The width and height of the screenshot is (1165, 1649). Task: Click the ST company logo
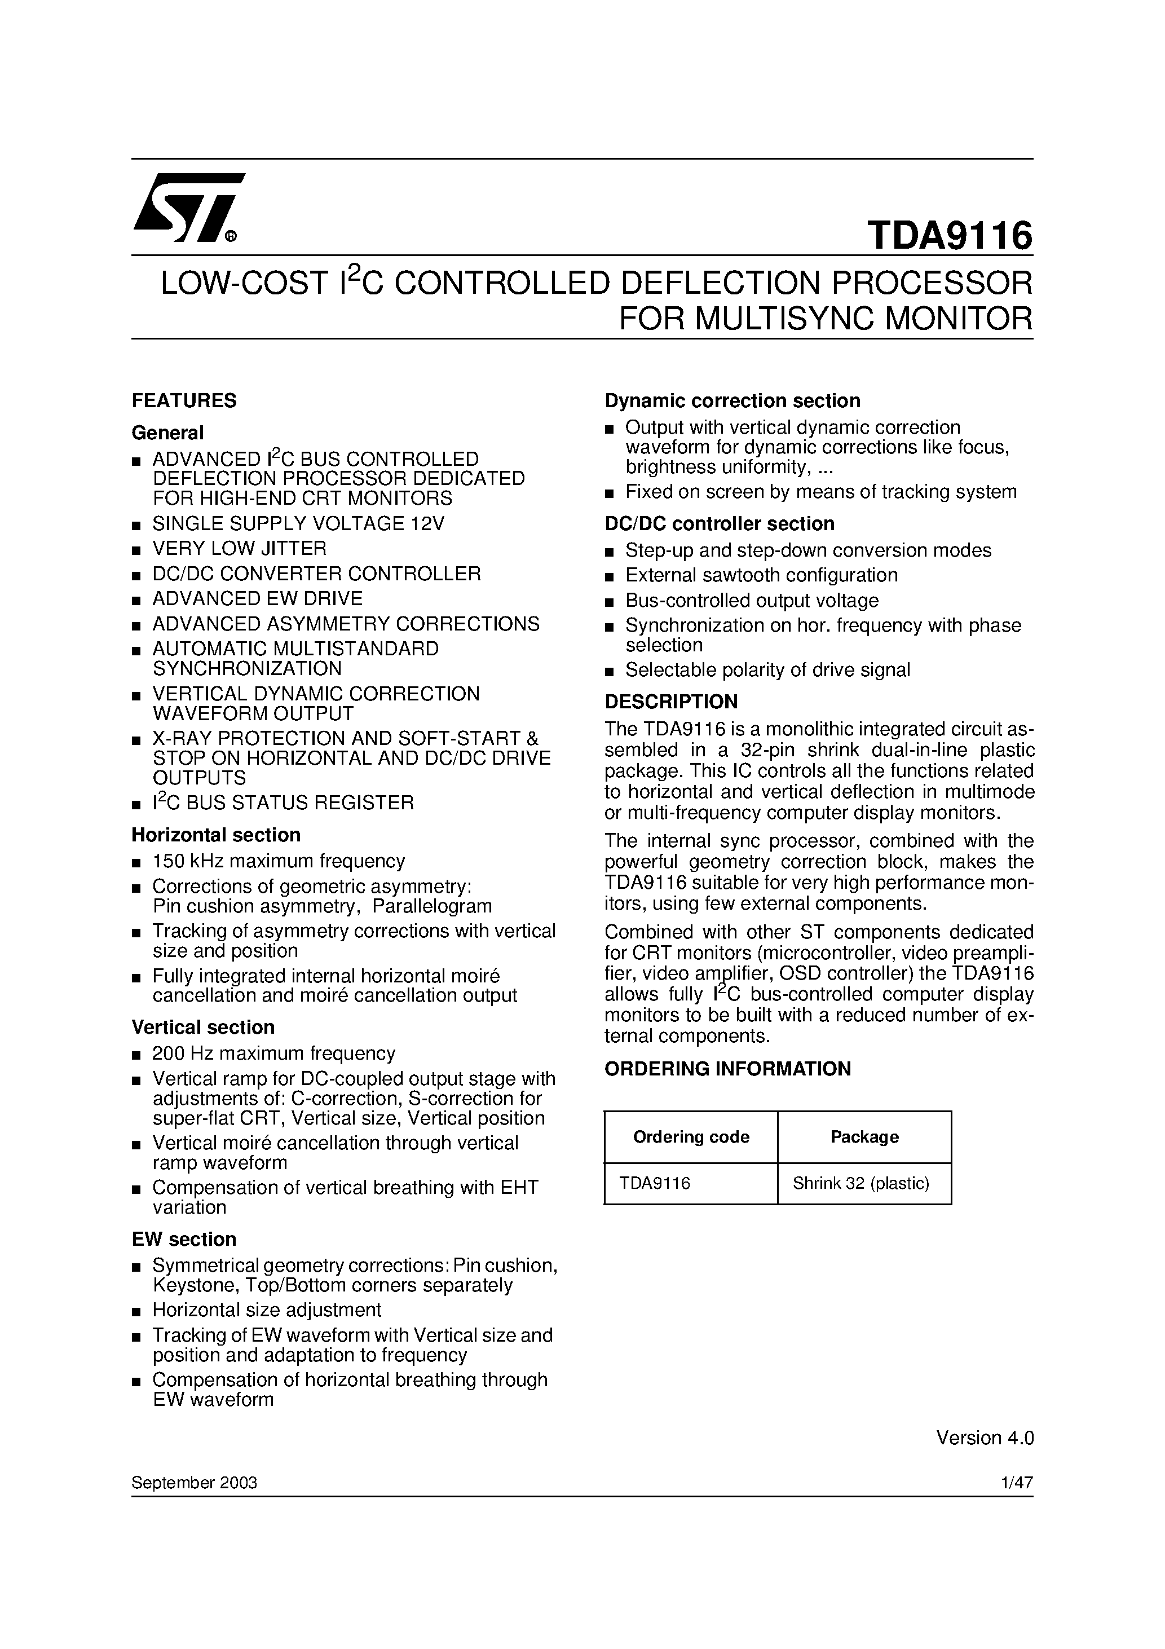click(188, 208)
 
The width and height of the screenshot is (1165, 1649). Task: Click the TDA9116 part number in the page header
click(949, 235)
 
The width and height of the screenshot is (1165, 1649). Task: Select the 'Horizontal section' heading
click(215, 835)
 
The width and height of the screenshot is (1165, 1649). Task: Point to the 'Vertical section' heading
click(202, 1027)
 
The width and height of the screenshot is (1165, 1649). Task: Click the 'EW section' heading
click(184, 1239)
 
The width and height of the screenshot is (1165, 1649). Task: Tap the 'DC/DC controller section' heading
click(719, 523)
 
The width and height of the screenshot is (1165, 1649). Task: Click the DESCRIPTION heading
click(671, 701)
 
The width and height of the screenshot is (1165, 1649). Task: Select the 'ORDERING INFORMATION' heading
click(727, 1069)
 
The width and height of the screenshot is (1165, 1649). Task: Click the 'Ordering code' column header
click(690, 1137)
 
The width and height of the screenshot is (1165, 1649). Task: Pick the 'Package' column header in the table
click(864, 1137)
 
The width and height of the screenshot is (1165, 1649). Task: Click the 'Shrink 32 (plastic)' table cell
click(860, 1183)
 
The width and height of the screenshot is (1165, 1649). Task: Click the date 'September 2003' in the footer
click(194, 1483)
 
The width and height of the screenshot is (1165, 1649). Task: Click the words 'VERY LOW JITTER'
click(239, 548)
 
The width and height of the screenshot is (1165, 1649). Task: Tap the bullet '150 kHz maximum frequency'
click(279, 861)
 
